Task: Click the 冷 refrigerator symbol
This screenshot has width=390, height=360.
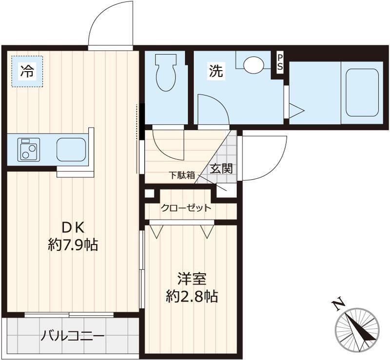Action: click(27, 71)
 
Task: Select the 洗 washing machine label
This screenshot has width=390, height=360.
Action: click(215, 71)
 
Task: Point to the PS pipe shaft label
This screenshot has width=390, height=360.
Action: click(280, 62)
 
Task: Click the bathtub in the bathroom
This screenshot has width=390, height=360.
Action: click(362, 93)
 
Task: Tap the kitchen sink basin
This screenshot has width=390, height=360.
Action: click(71, 150)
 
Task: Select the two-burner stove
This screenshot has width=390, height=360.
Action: click(29, 150)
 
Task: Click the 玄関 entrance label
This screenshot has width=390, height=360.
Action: click(221, 169)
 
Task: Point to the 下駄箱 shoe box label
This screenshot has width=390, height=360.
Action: click(182, 175)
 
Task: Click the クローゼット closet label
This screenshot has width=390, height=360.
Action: click(186, 208)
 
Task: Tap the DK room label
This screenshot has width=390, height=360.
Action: click(74, 227)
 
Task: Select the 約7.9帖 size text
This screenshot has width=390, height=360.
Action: click(73, 245)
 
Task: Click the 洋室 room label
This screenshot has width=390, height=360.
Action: click(192, 279)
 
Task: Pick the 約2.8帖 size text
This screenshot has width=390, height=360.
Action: click(192, 296)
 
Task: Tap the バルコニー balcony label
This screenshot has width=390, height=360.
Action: click(72, 336)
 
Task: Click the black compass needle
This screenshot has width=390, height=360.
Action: click(361, 328)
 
